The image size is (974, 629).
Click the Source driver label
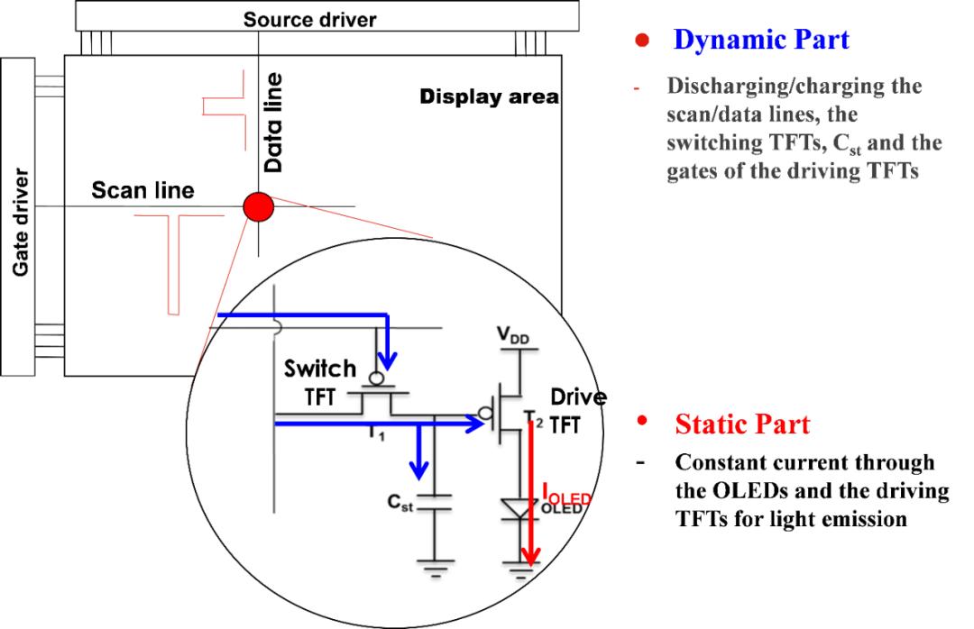(309, 18)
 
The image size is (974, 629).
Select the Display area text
(489, 96)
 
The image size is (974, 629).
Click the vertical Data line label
(274, 123)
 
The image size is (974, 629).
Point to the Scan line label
(142, 191)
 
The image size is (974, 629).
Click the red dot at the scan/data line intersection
(258, 207)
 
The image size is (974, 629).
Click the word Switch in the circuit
(320, 369)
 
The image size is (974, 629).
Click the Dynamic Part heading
(761, 40)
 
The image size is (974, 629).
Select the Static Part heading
(742, 424)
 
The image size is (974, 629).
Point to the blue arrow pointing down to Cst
(418, 455)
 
